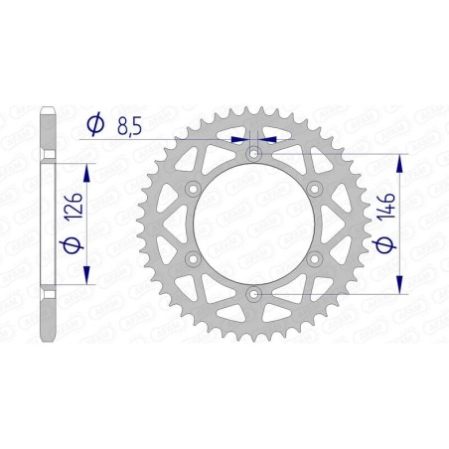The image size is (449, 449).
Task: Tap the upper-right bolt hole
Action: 316,189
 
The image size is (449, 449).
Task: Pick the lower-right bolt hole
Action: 316,259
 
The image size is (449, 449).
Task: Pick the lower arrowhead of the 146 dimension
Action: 400,286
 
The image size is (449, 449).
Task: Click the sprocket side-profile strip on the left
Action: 48,223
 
